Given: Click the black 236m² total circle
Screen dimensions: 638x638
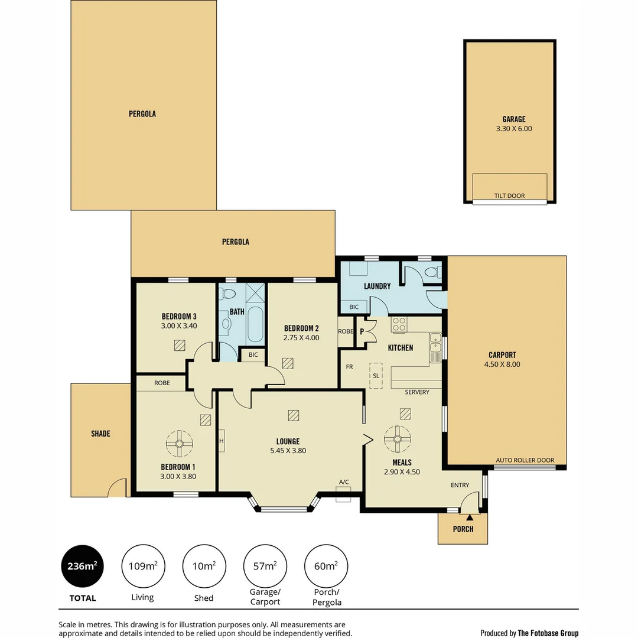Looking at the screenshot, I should click(x=83, y=566).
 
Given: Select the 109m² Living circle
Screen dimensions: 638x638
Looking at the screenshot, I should click(x=143, y=566).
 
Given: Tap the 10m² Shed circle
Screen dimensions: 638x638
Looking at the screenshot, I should click(x=204, y=566).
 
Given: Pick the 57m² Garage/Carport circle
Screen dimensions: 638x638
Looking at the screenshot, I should click(x=265, y=566).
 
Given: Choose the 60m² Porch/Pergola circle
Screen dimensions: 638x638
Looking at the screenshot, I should click(x=325, y=566).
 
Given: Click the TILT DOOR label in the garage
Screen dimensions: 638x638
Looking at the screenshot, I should click(x=509, y=196).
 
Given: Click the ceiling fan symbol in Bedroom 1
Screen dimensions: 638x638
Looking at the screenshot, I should click(x=179, y=443).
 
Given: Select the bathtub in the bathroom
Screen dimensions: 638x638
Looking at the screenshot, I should click(x=256, y=324).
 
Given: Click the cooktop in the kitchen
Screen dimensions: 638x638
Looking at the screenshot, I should click(x=399, y=325).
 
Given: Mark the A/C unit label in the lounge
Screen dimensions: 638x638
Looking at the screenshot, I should click(x=344, y=482).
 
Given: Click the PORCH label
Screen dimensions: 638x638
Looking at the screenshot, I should click(x=463, y=529).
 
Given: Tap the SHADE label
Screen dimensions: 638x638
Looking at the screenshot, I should click(x=100, y=434).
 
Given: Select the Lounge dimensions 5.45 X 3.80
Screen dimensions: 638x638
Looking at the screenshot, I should click(x=288, y=451).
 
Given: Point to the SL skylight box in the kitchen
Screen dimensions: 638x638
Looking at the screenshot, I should click(x=376, y=376).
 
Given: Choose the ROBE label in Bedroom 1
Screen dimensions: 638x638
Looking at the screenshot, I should click(x=162, y=383).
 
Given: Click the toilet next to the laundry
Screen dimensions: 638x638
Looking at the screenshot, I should click(x=433, y=273).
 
